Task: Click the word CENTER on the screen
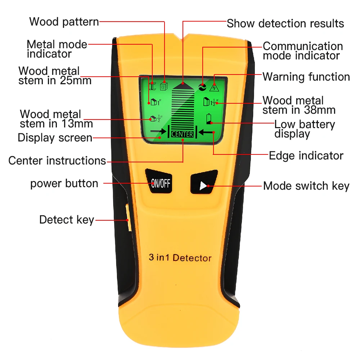coord(183,134)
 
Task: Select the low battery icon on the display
coord(209,119)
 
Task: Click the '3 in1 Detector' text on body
coord(180,258)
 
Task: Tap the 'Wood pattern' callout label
coord(64,22)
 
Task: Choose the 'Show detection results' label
coord(285,23)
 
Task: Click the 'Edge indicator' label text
coord(306,156)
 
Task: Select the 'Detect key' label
coord(67,220)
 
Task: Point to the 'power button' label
coord(64,183)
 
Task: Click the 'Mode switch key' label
coord(306,186)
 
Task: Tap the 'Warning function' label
coord(306,77)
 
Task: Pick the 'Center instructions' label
coord(57,160)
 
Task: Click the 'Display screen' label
coord(55,138)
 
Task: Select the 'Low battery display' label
coord(304,129)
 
